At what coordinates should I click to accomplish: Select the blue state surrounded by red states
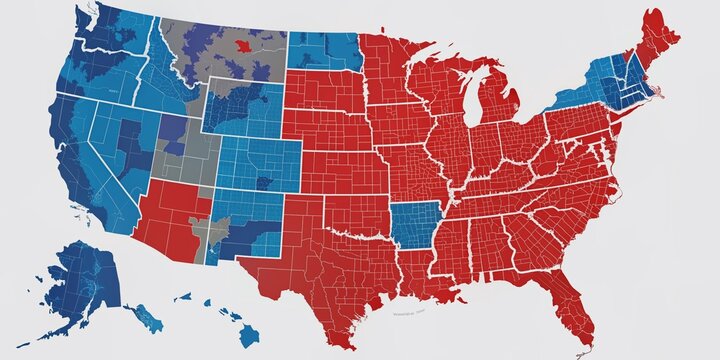click(x=414, y=225)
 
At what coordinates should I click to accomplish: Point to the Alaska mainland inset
click(x=85, y=280)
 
